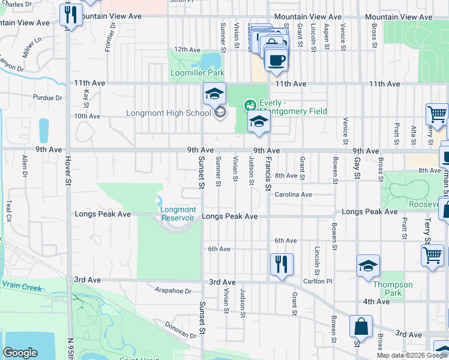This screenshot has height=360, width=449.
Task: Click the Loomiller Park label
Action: (197, 73)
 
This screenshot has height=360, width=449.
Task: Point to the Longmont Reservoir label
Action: (178, 214)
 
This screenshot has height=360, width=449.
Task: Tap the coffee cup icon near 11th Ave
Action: (276, 61)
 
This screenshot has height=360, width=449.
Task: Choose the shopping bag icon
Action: (361, 328)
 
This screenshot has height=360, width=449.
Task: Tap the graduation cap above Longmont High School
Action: (214, 94)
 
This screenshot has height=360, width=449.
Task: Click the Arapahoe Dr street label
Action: (172, 291)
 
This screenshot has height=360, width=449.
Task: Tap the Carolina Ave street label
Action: (294, 194)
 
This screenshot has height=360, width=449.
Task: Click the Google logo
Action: (20, 353)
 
